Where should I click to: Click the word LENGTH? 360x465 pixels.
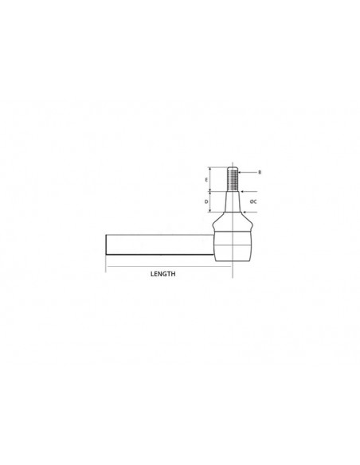point(162,272)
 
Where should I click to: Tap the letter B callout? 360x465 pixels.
point(260,172)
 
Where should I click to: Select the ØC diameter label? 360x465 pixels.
point(252,202)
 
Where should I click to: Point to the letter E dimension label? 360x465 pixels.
point(206,181)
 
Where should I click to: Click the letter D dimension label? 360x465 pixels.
point(206,202)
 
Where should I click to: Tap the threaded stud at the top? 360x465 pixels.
point(233,179)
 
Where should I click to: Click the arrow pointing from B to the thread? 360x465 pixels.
point(246,172)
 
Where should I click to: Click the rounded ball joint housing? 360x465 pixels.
point(232,242)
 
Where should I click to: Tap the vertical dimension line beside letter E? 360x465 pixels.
point(211,180)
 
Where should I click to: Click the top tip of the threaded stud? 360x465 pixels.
point(233,168)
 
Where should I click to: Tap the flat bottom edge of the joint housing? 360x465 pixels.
point(232,260)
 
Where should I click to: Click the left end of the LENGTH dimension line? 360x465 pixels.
point(107,264)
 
